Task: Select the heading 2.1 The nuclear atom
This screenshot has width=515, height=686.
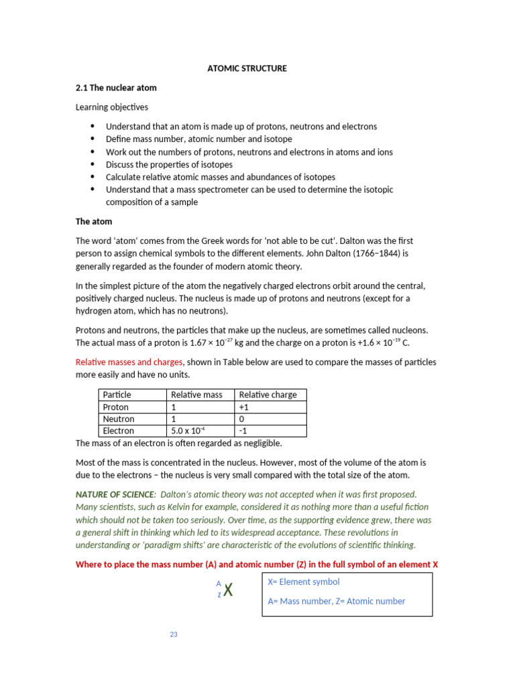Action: coord(115,88)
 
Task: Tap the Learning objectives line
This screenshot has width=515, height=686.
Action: coord(111,107)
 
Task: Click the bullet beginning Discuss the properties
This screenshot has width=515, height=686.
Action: coord(169,165)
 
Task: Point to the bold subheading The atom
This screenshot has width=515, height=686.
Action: coord(93,222)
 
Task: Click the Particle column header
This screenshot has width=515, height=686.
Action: coord(117,395)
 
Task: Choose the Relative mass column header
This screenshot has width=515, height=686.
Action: coord(196,395)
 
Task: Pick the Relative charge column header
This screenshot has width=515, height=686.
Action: coord(268,395)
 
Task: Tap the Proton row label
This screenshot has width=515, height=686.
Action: coord(116,407)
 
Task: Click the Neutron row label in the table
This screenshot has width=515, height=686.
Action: coord(119,419)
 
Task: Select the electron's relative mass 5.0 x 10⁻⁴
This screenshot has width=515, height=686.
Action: coord(190,431)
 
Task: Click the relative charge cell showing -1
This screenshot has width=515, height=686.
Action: coord(243,431)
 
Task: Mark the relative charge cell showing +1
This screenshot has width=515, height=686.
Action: coord(244,407)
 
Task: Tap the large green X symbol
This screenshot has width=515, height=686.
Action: coord(228,591)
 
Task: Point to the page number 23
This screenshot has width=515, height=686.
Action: coord(174,634)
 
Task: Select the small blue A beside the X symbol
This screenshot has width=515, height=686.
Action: coord(219,584)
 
